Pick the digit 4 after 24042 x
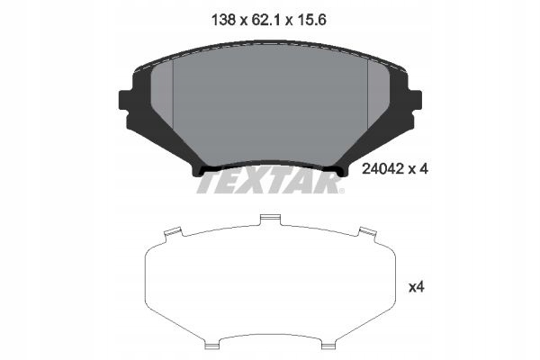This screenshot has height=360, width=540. [x=420, y=166]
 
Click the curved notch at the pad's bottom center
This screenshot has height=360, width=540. [x=270, y=166]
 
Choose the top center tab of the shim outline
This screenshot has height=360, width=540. [x=267, y=219]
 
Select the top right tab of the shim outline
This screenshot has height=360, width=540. [x=366, y=233]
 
